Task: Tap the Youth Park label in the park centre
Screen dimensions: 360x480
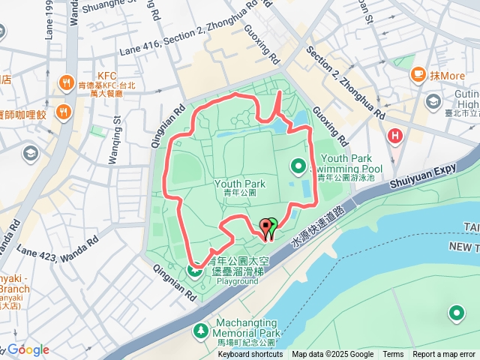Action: [x=240, y=183]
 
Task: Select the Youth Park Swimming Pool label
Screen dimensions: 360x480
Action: [x=351, y=163]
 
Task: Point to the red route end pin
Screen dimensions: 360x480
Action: [x=264, y=227]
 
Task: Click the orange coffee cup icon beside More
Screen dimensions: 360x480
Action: [x=418, y=75]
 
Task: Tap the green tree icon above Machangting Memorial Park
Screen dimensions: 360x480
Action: [x=200, y=330]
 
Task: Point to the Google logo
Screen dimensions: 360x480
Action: [x=28, y=349]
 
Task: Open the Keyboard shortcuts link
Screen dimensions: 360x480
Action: [x=250, y=355]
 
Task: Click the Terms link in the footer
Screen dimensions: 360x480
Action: [x=393, y=355]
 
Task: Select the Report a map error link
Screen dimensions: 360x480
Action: [x=445, y=355]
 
